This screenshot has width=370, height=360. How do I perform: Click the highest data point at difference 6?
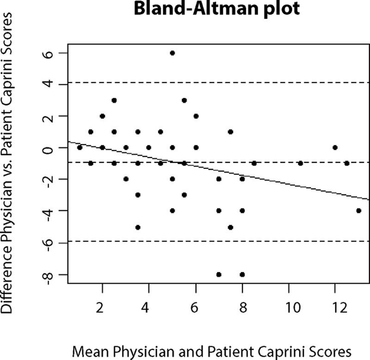click(172, 53)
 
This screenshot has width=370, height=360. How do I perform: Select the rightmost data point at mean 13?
click(358, 211)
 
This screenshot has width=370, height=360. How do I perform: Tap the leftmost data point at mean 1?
click(79, 148)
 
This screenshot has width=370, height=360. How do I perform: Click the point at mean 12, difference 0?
click(335, 148)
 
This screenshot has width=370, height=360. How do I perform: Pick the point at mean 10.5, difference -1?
click(300, 163)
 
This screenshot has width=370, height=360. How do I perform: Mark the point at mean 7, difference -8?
click(219, 274)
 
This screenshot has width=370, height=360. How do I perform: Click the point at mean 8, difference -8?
click(242, 274)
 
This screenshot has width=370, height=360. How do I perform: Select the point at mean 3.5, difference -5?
click(137, 227)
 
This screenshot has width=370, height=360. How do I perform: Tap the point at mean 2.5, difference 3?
click(114, 100)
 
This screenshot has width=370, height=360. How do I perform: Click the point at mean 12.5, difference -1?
click(347, 163)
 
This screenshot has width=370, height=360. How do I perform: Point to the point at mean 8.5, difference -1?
click(254, 163)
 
